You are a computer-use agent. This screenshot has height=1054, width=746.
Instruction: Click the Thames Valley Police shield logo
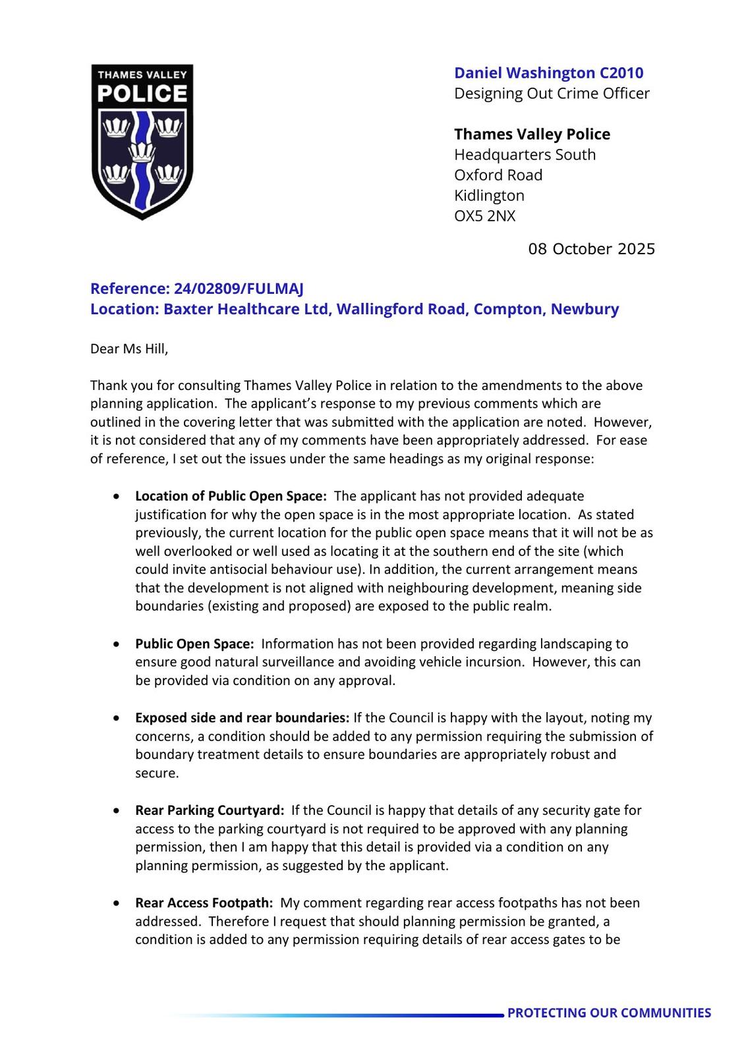(142, 142)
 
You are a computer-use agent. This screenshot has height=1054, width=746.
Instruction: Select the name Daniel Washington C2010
(548, 73)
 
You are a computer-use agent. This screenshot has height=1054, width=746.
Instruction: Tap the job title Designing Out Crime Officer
(552, 94)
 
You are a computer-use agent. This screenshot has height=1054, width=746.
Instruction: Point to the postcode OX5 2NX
(484, 216)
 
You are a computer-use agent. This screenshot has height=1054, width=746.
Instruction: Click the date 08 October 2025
(591, 249)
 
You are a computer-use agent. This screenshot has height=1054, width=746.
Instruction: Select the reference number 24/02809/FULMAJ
(239, 289)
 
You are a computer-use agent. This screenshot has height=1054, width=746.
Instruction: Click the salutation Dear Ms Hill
(129, 348)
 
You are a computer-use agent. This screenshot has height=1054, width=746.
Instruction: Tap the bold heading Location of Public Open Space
(231, 496)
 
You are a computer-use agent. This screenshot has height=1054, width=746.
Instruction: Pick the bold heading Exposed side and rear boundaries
(242, 718)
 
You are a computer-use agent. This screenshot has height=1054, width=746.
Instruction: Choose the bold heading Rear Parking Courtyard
(210, 810)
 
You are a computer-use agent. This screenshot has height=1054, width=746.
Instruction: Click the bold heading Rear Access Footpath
(204, 903)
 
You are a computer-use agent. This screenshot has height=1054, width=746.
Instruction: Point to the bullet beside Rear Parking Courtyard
(117, 811)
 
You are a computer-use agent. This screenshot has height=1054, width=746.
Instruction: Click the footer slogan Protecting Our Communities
(609, 1013)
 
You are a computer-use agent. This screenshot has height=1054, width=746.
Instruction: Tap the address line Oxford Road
(498, 175)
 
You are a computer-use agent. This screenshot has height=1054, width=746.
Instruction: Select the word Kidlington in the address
(489, 196)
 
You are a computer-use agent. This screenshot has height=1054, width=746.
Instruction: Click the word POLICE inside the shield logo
(142, 94)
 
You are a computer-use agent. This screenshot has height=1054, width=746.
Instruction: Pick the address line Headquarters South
(525, 155)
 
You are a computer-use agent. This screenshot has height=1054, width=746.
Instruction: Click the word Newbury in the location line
(585, 309)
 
